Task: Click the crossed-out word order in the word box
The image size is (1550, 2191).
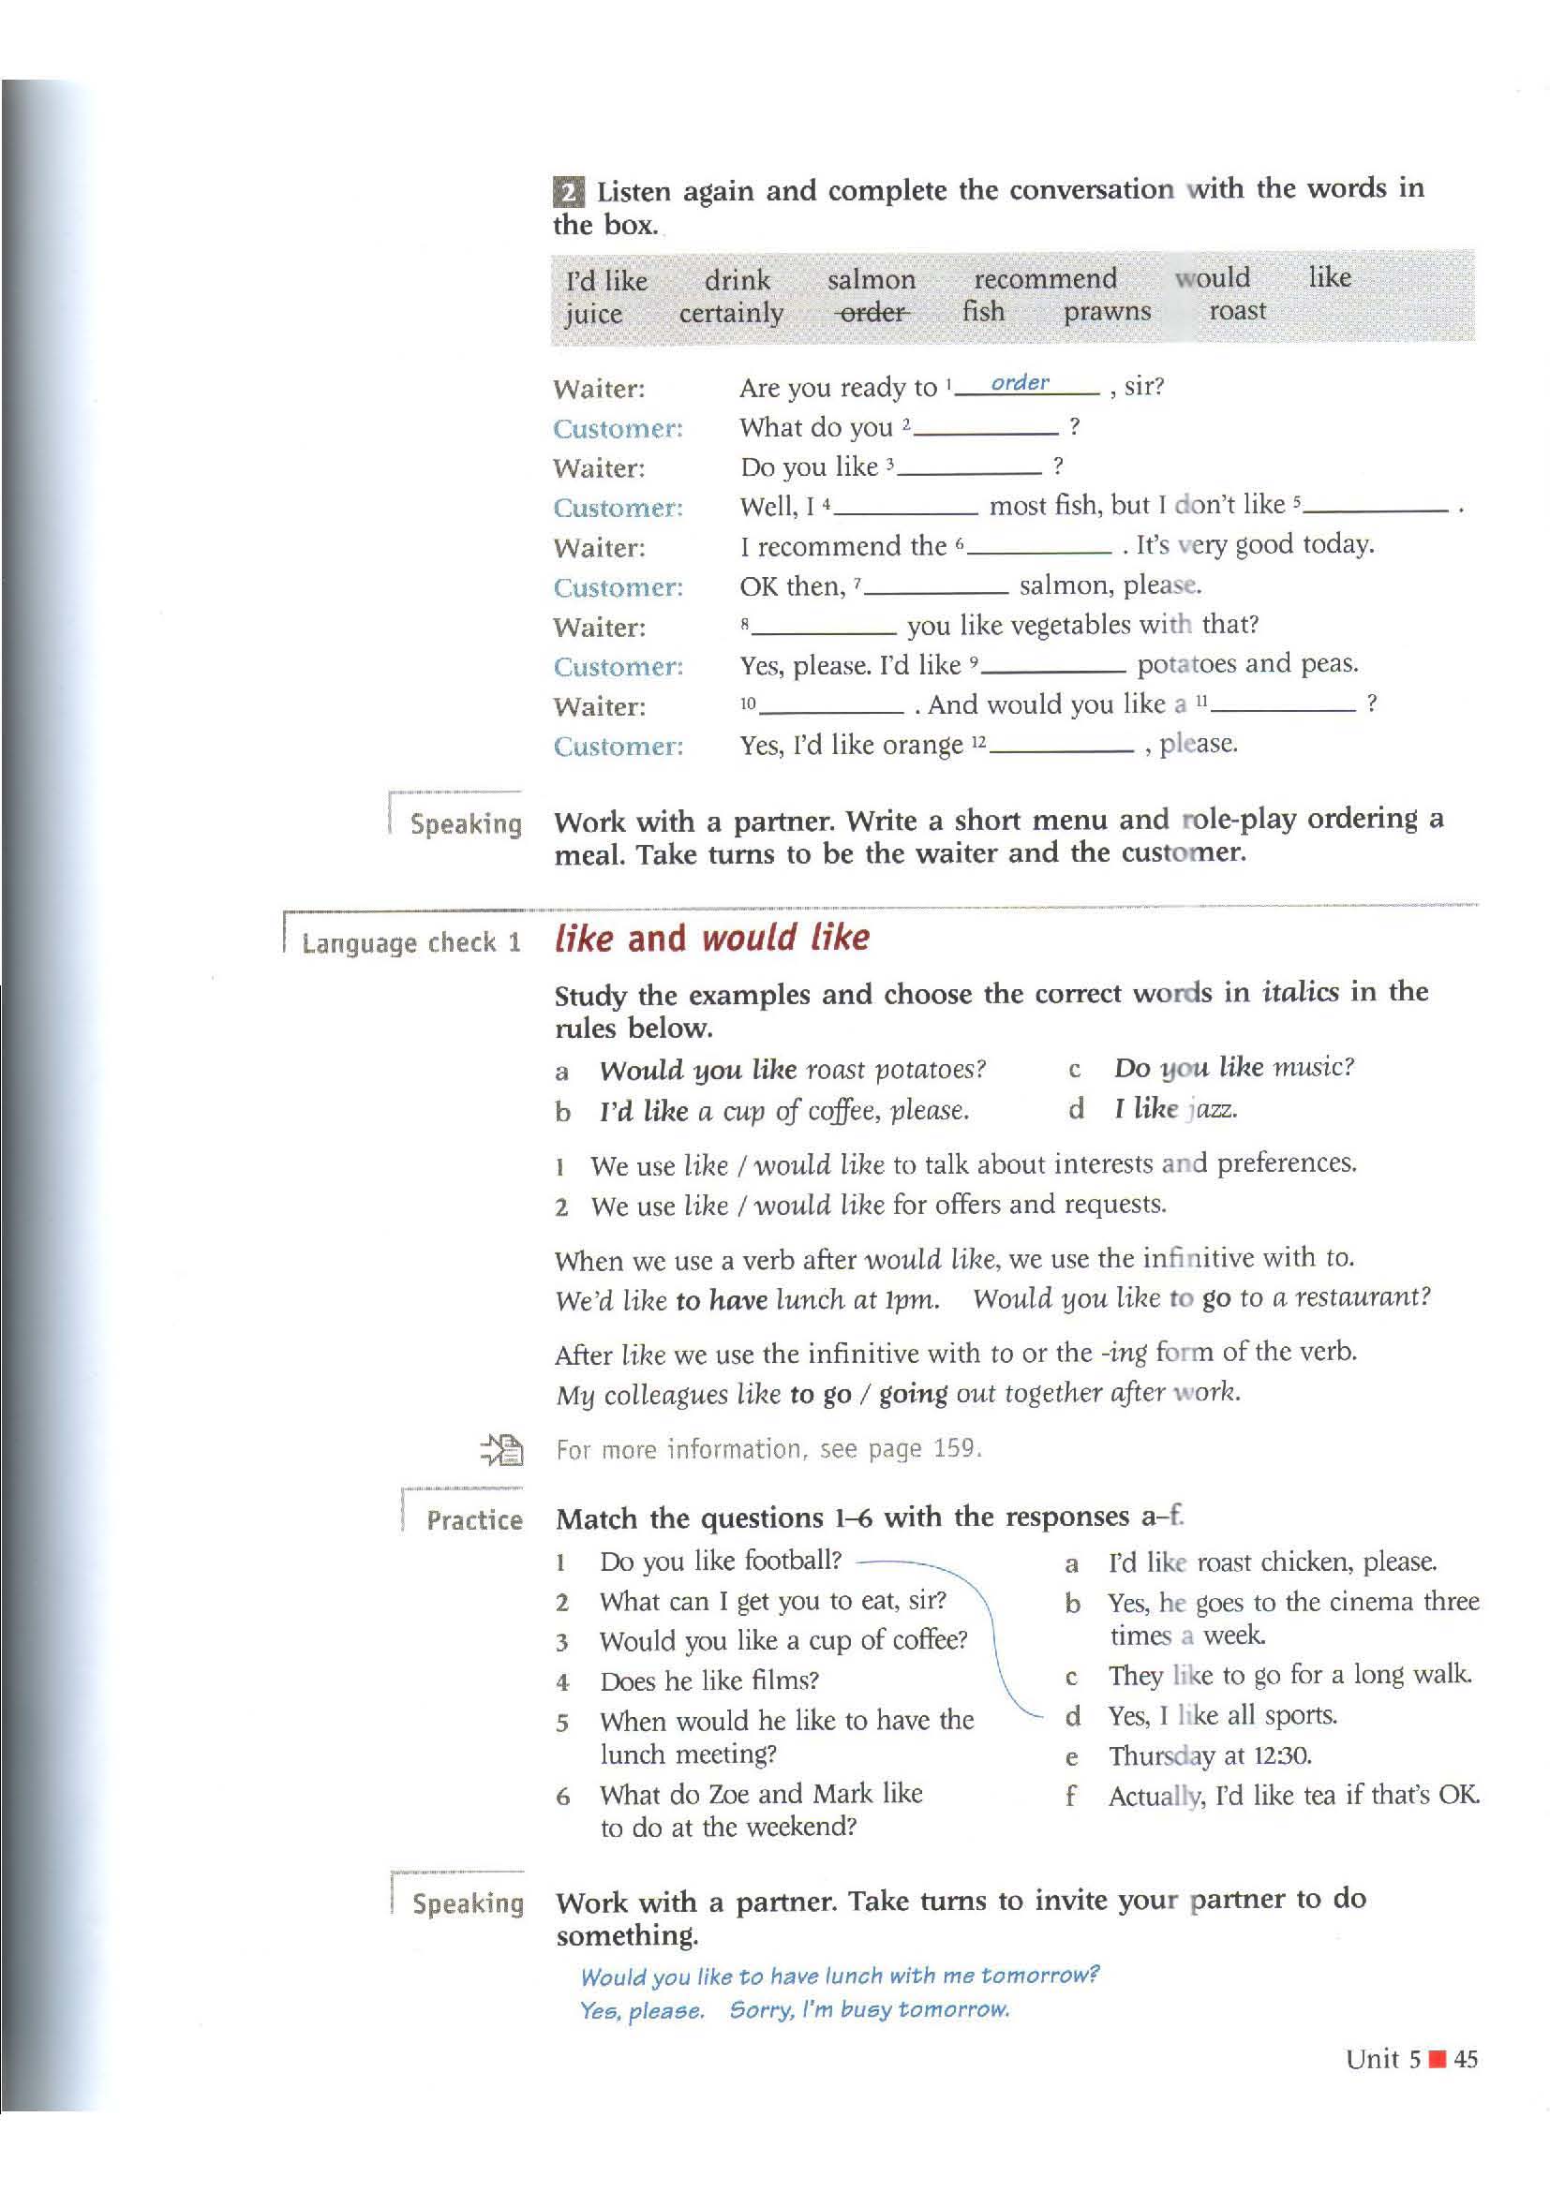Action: (x=872, y=312)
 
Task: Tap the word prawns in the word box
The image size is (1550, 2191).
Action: (x=1106, y=312)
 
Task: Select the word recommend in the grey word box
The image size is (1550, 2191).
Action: (x=1044, y=278)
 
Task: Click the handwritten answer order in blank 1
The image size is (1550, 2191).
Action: (x=1020, y=383)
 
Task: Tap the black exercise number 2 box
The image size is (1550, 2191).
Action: (x=568, y=193)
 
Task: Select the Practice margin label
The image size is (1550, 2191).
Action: (x=473, y=1519)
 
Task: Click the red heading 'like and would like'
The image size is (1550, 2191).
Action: (x=711, y=938)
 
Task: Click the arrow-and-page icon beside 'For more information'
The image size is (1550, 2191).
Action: (x=502, y=1449)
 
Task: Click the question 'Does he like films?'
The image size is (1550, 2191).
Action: (x=709, y=1680)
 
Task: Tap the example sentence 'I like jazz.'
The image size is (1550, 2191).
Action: (x=1175, y=1109)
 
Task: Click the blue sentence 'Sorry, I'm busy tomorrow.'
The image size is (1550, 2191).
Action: (x=869, y=2009)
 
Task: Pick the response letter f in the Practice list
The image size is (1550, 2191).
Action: (x=1071, y=1796)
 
